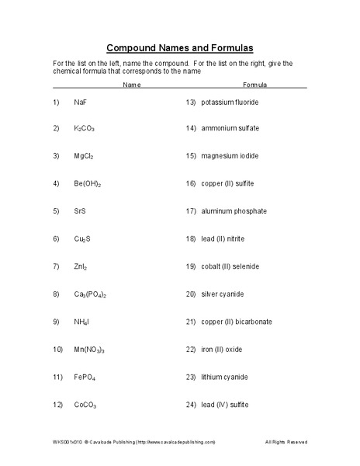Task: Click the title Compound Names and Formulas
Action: (x=179, y=47)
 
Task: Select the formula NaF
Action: (x=81, y=102)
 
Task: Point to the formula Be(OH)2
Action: (x=88, y=183)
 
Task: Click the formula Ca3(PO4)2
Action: (x=91, y=294)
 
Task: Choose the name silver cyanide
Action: (x=223, y=294)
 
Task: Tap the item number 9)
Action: (x=56, y=322)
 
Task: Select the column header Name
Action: (x=132, y=84)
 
